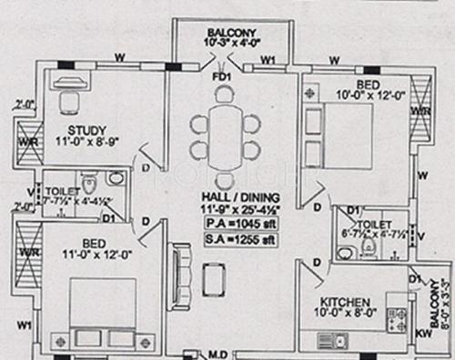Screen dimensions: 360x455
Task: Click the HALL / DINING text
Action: (x=240, y=197)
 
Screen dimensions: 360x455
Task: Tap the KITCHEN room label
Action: (x=343, y=301)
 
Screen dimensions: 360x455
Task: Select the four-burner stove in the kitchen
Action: (x=399, y=318)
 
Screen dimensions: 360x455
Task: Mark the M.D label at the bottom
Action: (x=219, y=353)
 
